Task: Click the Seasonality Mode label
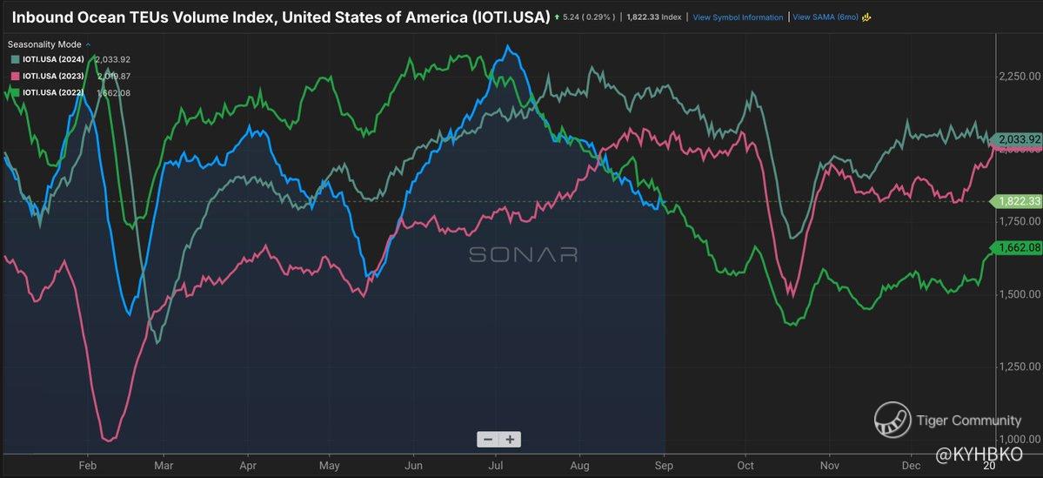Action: pyautogui.click(x=46, y=43)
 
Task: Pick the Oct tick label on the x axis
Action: pyautogui.click(x=745, y=466)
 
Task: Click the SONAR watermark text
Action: pyautogui.click(x=523, y=254)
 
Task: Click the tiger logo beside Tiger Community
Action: pyautogui.click(x=893, y=420)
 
